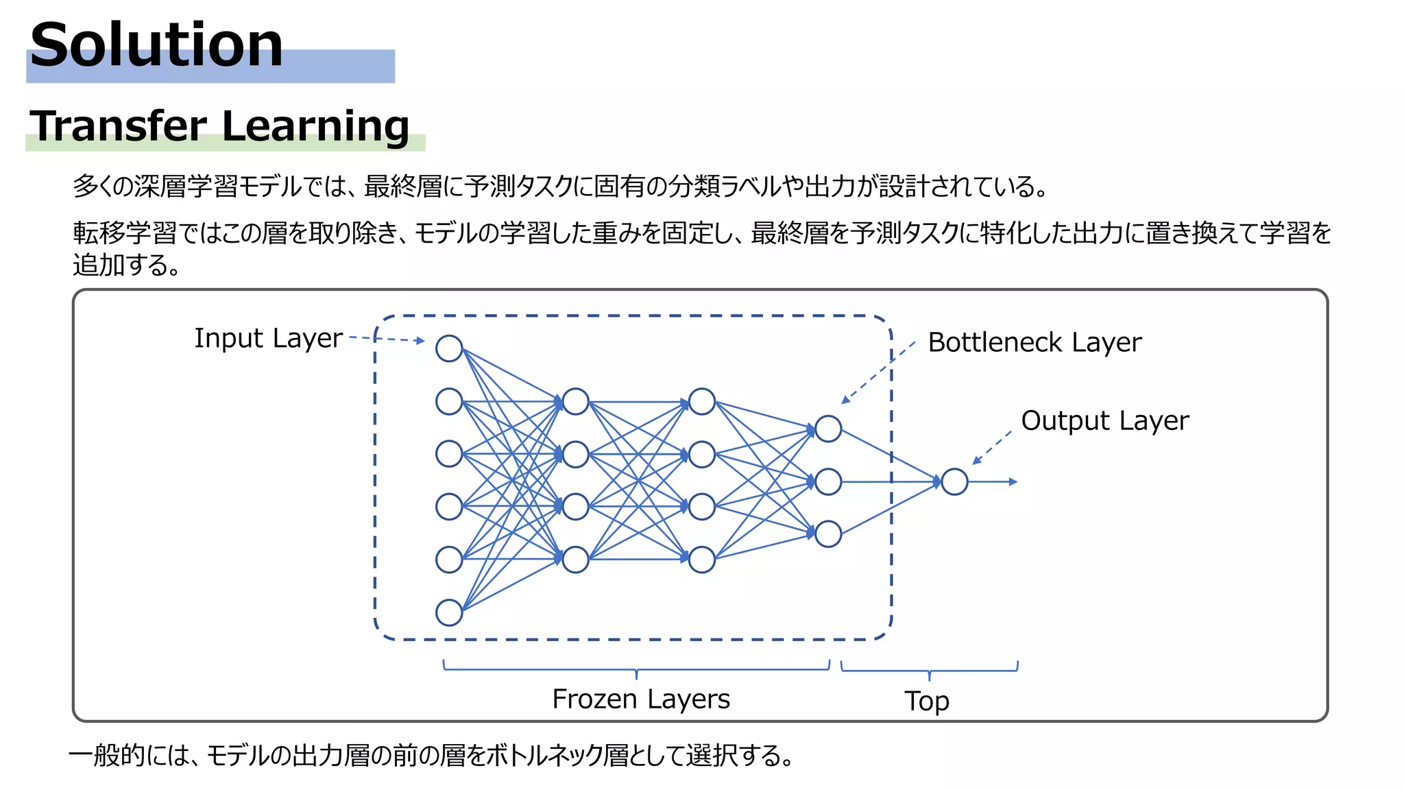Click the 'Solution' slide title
click(156, 45)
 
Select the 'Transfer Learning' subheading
click(219, 126)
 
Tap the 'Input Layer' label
click(268, 338)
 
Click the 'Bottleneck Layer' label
click(1034, 342)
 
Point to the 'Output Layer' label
click(1104, 420)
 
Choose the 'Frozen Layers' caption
click(641, 699)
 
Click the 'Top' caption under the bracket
click(927, 701)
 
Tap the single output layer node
click(954, 482)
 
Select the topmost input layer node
click(449, 348)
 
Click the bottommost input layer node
click(449, 612)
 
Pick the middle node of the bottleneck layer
click(828, 482)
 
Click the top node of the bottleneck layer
click(828, 429)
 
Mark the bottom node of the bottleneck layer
click(828, 534)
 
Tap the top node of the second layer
click(575, 402)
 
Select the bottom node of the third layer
click(701, 560)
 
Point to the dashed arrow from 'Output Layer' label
click(992, 448)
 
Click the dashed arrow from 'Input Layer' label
click(387, 339)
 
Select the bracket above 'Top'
click(929, 669)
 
